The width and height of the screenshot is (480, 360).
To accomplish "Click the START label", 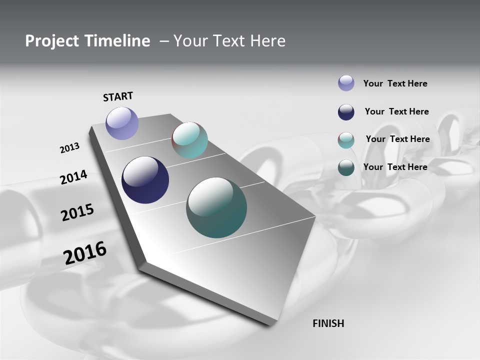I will coord(118,96).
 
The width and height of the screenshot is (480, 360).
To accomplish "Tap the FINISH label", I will coord(328,323).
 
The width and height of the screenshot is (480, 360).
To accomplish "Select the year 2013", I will coord(69,148).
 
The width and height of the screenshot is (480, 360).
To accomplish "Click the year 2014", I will coord(73,177).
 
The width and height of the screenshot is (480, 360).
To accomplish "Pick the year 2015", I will coord(77,212).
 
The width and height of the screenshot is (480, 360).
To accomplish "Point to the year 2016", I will coord(85,253).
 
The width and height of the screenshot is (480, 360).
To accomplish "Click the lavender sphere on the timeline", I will coord(122,123).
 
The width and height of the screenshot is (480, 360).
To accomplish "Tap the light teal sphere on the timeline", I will coord(189,140).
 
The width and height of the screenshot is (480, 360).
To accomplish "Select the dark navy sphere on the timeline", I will coord(145,180).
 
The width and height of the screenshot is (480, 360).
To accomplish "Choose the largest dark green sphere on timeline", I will coord(216,207).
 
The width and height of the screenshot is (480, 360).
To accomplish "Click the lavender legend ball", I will coord(346,83).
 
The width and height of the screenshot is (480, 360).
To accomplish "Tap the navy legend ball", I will coord(346,112).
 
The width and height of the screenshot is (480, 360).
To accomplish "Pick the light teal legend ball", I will coord(346,140).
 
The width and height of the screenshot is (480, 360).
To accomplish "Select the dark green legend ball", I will coord(346,167).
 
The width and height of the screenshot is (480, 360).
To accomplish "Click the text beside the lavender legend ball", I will coord(395,83).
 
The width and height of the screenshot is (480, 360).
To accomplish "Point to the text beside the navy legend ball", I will coord(396,111).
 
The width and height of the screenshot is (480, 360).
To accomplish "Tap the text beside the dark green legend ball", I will coord(395,167).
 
